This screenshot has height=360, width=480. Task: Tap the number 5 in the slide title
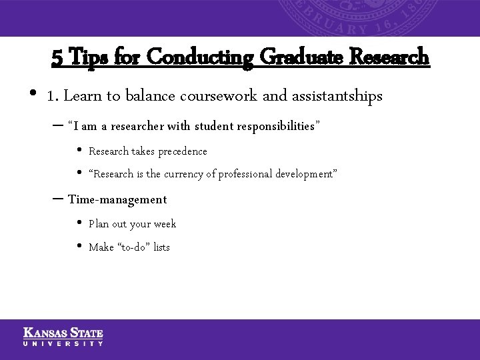pos(57,58)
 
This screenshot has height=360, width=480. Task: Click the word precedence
pos(182,151)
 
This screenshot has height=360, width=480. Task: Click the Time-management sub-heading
pos(117,199)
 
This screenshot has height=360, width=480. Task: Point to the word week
pos(165,224)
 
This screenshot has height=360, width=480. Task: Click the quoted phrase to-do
pos(133,247)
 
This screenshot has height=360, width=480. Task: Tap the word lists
pos(161,247)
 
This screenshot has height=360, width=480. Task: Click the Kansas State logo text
pos(63,333)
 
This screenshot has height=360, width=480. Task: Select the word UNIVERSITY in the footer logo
pos(63,343)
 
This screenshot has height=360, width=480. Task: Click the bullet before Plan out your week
pos(79,224)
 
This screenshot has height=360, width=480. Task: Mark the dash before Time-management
pos(57,199)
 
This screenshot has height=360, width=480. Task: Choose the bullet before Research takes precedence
pos(79,151)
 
